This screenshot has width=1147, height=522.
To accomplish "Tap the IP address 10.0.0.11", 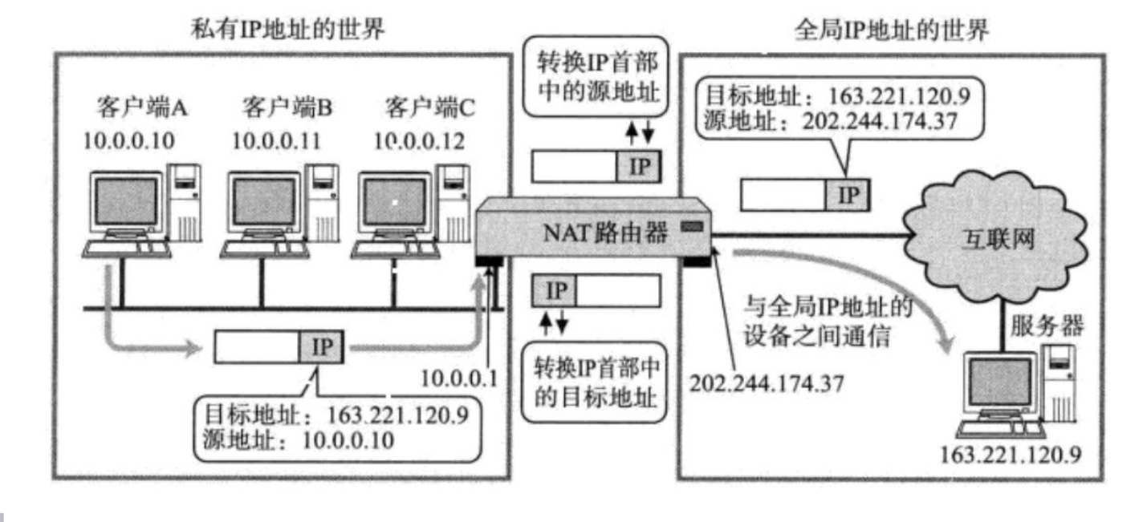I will [x=276, y=141].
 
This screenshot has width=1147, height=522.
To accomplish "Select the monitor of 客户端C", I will [x=393, y=201].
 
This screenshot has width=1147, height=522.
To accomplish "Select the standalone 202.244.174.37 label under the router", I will [x=768, y=382].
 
